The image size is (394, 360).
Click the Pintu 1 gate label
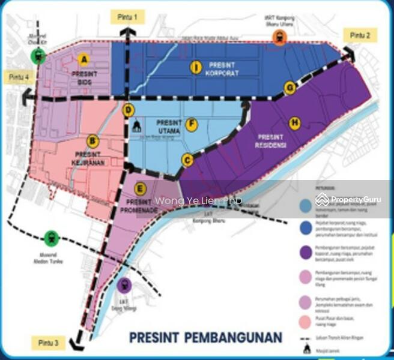(127, 17)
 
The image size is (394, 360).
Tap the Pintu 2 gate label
(360, 35)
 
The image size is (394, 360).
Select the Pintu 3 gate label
(48, 343)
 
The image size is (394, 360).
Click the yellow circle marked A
(84, 59)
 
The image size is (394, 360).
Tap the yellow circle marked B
(92, 142)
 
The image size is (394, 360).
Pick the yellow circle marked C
(187, 160)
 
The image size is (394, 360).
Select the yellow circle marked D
(128, 110)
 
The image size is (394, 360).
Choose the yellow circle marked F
(191, 125)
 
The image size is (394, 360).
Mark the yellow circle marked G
(289, 88)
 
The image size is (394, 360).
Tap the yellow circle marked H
(294, 122)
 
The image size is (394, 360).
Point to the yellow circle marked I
(195, 67)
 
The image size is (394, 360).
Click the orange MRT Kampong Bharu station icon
(279, 38)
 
